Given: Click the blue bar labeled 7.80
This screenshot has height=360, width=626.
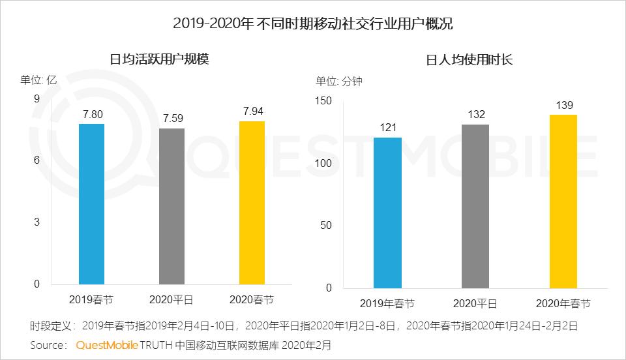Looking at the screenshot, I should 91,203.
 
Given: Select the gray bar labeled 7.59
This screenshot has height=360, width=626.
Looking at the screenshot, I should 172,206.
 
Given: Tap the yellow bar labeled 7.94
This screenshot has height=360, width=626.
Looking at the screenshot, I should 252,202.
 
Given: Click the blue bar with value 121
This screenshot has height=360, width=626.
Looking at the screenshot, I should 388,213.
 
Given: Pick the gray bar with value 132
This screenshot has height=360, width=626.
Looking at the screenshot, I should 475,206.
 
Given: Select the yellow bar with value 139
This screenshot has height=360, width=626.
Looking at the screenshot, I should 563,202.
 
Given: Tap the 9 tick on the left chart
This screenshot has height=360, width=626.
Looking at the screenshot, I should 37,98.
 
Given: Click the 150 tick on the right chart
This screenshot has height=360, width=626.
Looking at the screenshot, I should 323,100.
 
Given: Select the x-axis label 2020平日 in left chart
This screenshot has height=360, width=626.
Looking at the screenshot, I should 172,300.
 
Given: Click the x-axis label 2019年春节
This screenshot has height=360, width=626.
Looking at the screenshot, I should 387,304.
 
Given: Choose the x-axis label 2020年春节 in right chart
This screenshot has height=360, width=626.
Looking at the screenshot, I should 563,304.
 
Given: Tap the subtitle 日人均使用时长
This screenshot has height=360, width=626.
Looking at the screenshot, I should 469,60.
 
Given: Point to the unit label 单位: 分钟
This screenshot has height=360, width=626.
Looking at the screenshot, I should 339,82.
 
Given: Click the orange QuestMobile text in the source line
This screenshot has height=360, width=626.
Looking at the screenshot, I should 106,344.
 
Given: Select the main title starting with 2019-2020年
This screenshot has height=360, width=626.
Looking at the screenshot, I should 313,24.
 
